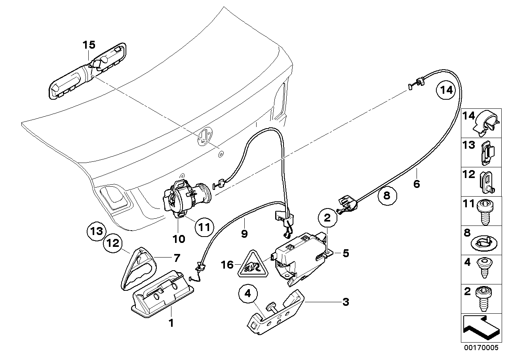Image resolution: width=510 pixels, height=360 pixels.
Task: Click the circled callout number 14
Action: click(x=446, y=90)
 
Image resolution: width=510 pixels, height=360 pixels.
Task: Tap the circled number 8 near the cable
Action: click(x=387, y=195)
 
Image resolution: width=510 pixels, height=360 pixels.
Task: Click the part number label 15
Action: click(x=89, y=45)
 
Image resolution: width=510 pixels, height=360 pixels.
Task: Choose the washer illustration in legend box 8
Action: click(x=486, y=241)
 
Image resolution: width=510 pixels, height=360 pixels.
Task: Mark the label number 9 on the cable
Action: click(x=244, y=233)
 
